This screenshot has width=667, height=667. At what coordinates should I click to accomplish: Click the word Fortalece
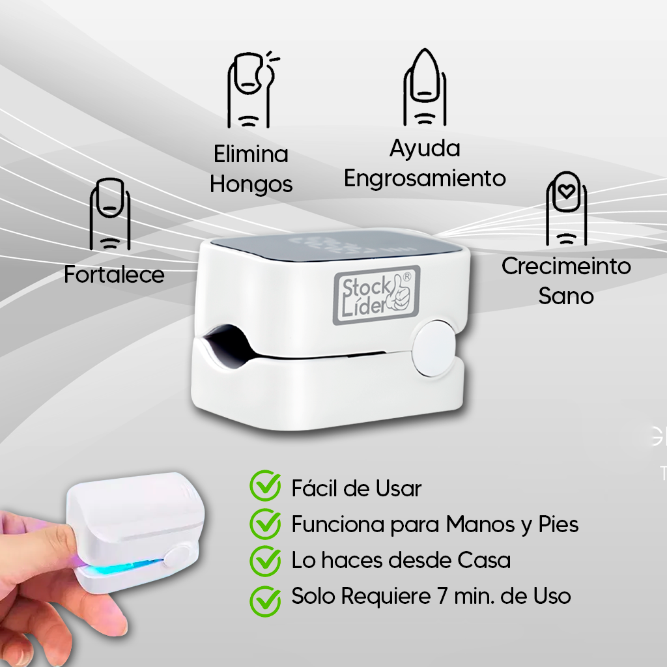point(114,274)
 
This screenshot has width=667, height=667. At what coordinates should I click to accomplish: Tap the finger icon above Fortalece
point(109,214)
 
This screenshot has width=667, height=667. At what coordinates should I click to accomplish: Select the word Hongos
point(251,184)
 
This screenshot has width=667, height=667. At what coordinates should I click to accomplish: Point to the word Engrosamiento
point(425,178)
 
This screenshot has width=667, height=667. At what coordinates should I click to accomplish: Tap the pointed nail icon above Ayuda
point(425,87)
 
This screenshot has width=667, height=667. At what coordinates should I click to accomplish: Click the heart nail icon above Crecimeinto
point(566,208)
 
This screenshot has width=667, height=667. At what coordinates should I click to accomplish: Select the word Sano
point(566,296)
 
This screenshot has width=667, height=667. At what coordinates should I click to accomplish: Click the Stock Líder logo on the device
point(376,294)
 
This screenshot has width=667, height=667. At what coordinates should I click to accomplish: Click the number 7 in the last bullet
point(442,596)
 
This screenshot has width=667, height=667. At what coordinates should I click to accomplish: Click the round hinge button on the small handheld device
point(177,558)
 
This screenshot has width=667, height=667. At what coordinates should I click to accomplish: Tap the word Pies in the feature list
point(558,524)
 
